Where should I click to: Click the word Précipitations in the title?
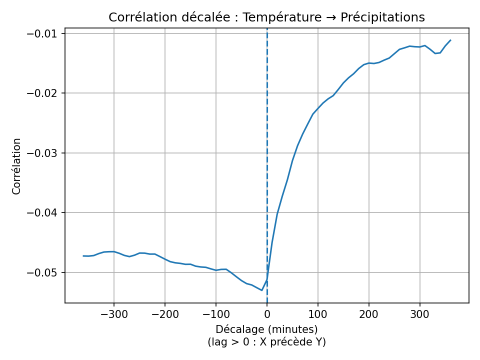(x=382, y=17)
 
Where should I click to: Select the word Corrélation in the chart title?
(x=140, y=17)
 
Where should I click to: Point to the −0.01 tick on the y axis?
(x=45, y=33)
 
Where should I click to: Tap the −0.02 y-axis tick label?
(x=45, y=93)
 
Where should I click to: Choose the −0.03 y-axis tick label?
(x=45, y=153)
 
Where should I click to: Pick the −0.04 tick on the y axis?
(x=45, y=213)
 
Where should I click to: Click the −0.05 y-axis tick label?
(x=45, y=272)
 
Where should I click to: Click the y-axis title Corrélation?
(x=17, y=166)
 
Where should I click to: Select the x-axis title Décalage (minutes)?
(x=267, y=329)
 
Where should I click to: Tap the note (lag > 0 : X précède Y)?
(x=267, y=342)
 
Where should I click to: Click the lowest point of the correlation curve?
(x=261, y=290)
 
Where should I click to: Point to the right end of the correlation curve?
(x=450, y=40)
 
